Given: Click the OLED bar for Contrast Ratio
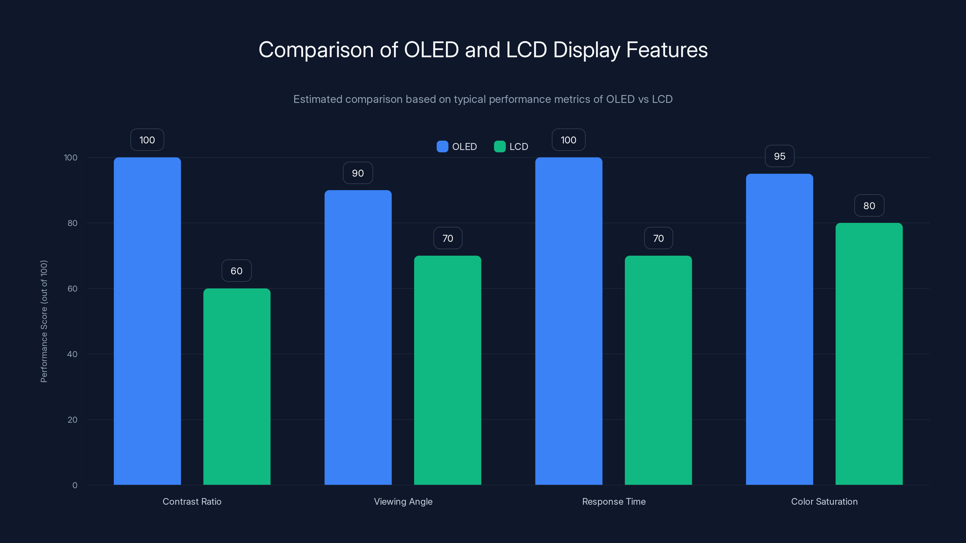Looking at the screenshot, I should [x=147, y=321].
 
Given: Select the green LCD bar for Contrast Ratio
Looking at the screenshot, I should [x=237, y=386].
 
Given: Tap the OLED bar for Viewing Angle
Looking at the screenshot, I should [x=358, y=337].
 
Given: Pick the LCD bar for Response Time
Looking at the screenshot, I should [x=658, y=370].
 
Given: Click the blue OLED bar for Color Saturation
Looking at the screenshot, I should [x=779, y=329].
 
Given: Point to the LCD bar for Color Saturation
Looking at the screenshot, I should [x=869, y=354].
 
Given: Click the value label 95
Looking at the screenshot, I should [x=779, y=156].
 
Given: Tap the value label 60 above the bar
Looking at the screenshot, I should [x=236, y=271].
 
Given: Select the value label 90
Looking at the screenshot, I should [x=358, y=173].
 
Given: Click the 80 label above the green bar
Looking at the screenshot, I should [x=869, y=206].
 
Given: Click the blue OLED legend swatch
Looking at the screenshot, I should [x=442, y=147].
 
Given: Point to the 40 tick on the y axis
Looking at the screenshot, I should [x=72, y=354].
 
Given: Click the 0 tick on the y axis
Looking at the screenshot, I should [x=75, y=485].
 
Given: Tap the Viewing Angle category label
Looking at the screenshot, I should [x=403, y=501].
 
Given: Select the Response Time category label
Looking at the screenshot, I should [x=613, y=501].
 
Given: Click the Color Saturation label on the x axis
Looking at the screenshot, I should [x=824, y=501].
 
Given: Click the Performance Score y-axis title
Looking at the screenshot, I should [x=44, y=321].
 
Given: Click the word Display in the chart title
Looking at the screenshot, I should [x=587, y=50].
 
